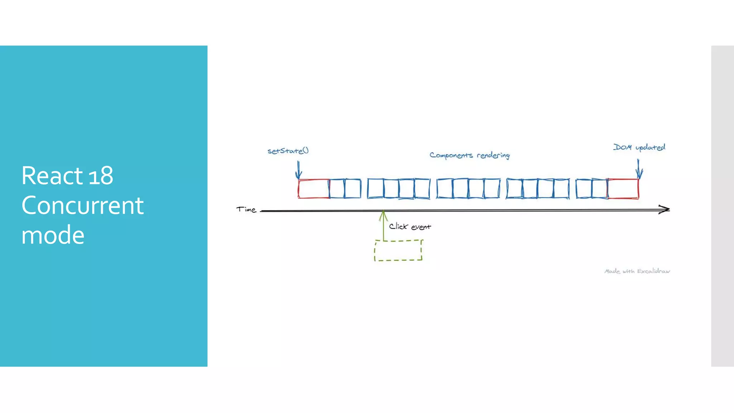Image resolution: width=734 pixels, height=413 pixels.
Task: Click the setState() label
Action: click(288, 151)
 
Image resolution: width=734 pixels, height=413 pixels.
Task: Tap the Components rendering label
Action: click(470, 155)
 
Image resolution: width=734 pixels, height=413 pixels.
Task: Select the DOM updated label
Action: click(639, 147)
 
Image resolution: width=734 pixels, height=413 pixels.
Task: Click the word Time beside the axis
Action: click(246, 209)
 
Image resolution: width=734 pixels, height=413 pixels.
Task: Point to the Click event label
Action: click(410, 227)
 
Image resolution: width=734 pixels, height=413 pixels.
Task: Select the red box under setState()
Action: click(314, 189)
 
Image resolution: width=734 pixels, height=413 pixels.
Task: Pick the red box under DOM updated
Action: click(623, 189)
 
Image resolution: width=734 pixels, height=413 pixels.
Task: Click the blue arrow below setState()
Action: click(299, 171)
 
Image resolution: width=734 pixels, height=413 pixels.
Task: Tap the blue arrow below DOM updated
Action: click(639, 169)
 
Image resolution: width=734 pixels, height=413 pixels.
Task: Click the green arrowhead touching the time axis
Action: click(383, 214)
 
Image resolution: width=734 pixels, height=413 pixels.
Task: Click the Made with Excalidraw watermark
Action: click(637, 271)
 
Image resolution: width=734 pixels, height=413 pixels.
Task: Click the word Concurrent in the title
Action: click(82, 205)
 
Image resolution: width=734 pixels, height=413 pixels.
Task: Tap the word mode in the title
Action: click(53, 235)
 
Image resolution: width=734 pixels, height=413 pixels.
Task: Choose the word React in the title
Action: click(52, 176)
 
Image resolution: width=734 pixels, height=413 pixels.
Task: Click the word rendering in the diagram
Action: click(493, 155)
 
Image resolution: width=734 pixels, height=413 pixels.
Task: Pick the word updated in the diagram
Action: click(650, 147)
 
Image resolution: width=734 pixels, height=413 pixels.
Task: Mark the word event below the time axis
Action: click(421, 227)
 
